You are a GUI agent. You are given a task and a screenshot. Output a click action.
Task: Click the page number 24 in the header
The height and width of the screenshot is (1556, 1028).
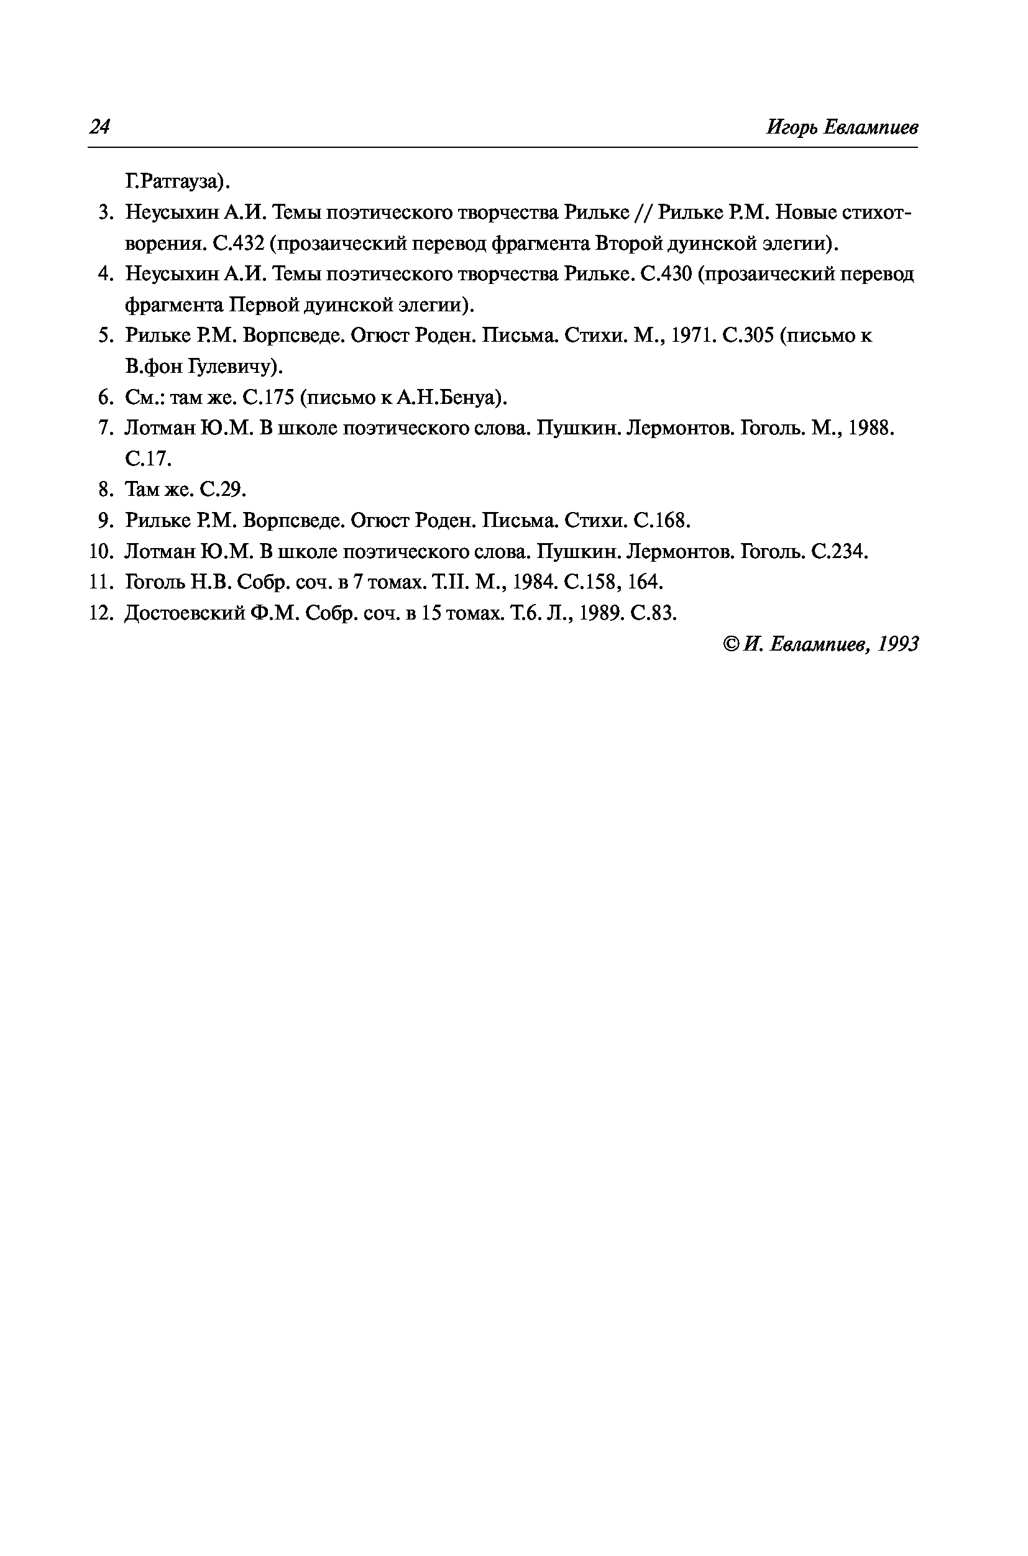pyautogui.click(x=99, y=127)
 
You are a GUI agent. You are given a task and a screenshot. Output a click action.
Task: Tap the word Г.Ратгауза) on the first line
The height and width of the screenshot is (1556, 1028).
pyautogui.click(x=178, y=181)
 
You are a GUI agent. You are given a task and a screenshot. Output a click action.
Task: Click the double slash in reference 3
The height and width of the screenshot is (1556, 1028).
pyautogui.click(x=643, y=213)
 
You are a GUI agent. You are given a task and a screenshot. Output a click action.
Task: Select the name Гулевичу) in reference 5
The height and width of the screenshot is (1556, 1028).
pyautogui.click(x=236, y=367)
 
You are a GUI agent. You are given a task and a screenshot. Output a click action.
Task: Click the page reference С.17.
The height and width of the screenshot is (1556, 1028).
pyautogui.click(x=148, y=459)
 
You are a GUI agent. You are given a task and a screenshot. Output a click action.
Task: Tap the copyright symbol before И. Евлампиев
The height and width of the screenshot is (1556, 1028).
pyautogui.click(x=732, y=644)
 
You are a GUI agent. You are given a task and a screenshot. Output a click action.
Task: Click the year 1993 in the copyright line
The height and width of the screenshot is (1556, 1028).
pyautogui.click(x=898, y=644)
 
